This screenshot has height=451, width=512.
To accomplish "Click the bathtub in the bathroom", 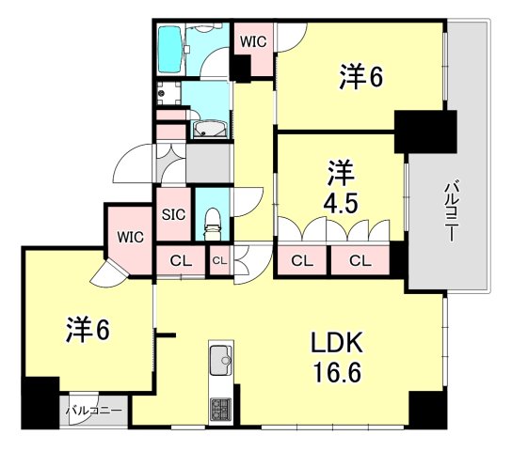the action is pyautogui.click(x=169, y=49).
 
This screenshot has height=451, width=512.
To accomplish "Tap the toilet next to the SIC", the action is pyautogui.click(x=213, y=225).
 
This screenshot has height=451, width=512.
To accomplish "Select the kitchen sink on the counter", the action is pyautogui.click(x=221, y=361).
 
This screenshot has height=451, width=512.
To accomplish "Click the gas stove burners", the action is pyautogui.click(x=221, y=409).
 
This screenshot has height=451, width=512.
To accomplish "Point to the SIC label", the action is pyautogui.click(x=174, y=214).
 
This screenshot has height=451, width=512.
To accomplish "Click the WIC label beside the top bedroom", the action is pyautogui.click(x=253, y=41).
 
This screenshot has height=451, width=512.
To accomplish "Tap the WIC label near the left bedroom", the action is pyautogui.click(x=130, y=237).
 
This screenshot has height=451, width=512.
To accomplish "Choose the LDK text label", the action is pyautogui.click(x=337, y=343).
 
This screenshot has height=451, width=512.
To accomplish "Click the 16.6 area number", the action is pyautogui.click(x=337, y=373).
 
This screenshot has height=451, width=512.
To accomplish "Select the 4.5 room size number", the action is pyautogui.click(x=341, y=203).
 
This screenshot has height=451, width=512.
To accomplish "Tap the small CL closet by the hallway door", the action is pyautogui.click(x=219, y=260).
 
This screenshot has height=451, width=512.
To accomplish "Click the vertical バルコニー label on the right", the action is pyautogui.click(x=450, y=212).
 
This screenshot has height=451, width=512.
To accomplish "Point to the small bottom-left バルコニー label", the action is pyautogui.click(x=94, y=411).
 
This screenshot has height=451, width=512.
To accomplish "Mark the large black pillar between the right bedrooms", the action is pyautogui.click(x=425, y=132).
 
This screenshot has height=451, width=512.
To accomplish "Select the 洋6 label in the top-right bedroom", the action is pyautogui.click(x=360, y=77).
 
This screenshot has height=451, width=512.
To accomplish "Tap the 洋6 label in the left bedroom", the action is pyautogui.click(x=88, y=330).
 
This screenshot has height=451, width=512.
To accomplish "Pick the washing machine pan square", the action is pyautogui.click(x=168, y=93).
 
